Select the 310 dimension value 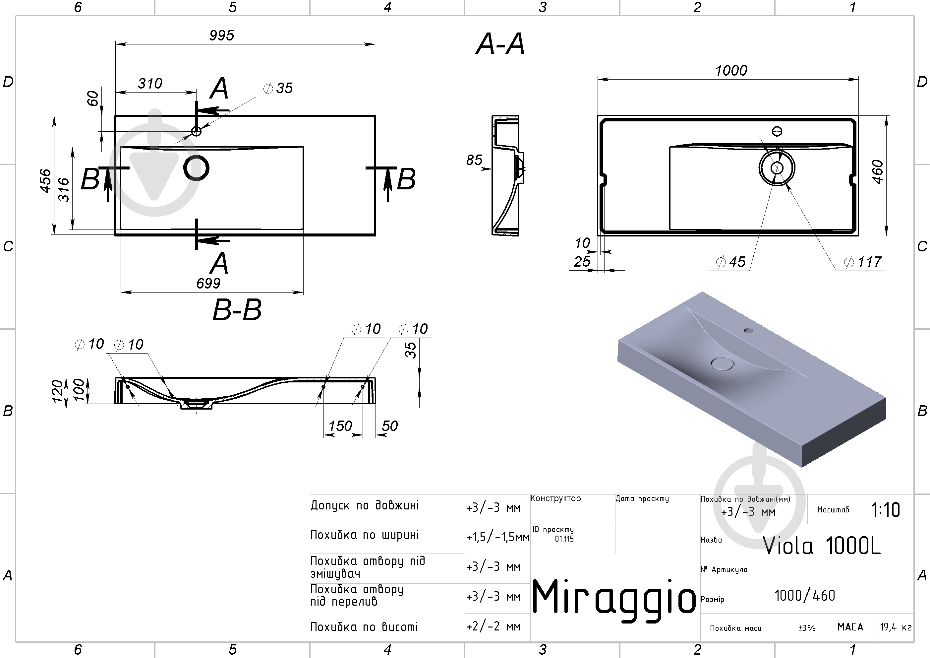pyautogui.click(x=150, y=84)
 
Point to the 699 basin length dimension pyautogui.click(x=208, y=283)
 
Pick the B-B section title pyautogui.click(x=237, y=310)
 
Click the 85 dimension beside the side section pyautogui.click(x=474, y=160)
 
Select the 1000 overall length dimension pyautogui.click(x=731, y=71)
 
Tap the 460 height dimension pyautogui.click(x=877, y=172)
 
